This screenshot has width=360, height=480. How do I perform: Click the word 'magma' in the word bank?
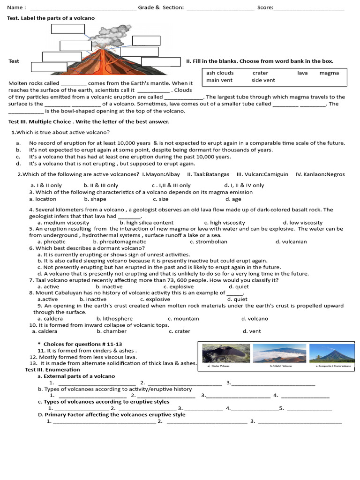pos(329,73)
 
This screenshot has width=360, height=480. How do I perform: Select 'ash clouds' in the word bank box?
pos(220,73)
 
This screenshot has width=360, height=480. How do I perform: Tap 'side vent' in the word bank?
pos(263,80)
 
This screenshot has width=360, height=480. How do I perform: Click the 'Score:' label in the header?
pos(265,7)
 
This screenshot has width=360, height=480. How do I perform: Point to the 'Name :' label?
pos(16,7)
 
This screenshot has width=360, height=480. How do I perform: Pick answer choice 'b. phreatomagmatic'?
pos(120,242)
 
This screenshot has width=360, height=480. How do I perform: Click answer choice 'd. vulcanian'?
pos(291,242)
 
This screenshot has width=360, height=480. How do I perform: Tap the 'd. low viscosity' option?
pos(303,223)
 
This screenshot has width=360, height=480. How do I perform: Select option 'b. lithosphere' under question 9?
pos(114,319)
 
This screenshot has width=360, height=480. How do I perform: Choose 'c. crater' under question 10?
pos(180,331)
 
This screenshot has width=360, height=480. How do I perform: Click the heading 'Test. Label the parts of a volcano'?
pos(51,18)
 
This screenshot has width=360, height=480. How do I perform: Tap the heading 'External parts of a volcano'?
pos(79,376)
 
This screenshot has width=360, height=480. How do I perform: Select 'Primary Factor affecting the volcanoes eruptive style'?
pos(114,414)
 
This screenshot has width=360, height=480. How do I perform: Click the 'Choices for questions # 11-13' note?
pos(82,344)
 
